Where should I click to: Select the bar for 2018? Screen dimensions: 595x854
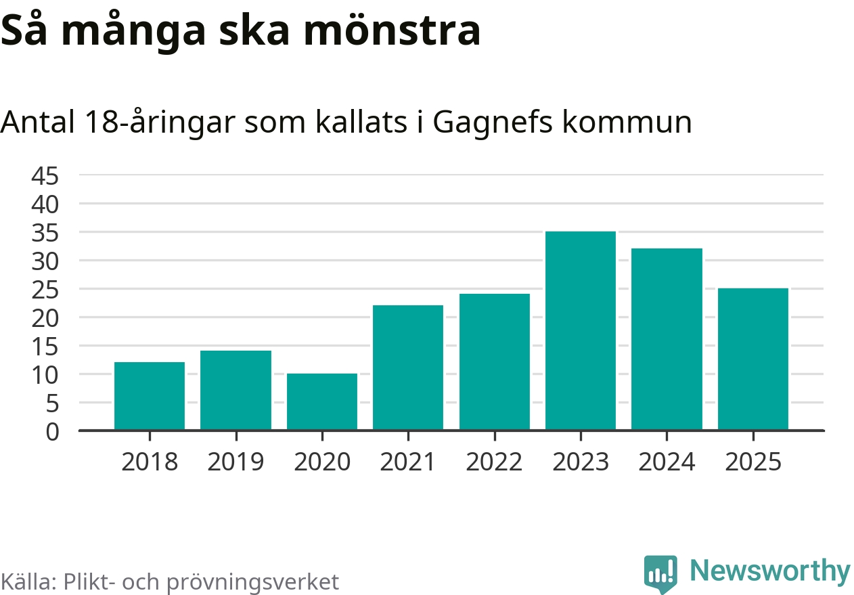pyautogui.click(x=150, y=396)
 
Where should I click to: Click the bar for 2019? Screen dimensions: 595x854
pyautogui.click(x=235, y=391)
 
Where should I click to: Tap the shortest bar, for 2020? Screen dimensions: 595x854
pyautogui.click(x=322, y=402)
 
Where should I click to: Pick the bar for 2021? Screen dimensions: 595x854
pyautogui.click(x=408, y=368)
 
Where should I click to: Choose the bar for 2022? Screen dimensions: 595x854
pyautogui.click(x=495, y=362)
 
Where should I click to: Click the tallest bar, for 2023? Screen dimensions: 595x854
pyautogui.click(x=581, y=331)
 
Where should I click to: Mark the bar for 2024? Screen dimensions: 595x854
pyautogui.click(x=667, y=339)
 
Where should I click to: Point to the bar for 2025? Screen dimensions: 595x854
pyautogui.click(x=753, y=359)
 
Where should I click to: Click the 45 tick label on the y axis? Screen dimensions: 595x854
pyautogui.click(x=45, y=177)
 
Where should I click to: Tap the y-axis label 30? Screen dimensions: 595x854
pyautogui.click(x=45, y=261)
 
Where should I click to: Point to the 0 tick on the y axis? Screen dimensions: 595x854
pyautogui.click(x=53, y=432)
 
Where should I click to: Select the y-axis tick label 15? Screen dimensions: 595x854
pyautogui.click(x=45, y=347)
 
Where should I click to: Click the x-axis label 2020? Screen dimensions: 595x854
pyautogui.click(x=322, y=462)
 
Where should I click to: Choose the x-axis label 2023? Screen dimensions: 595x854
pyautogui.click(x=581, y=462)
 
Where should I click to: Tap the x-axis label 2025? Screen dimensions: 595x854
pyautogui.click(x=753, y=462)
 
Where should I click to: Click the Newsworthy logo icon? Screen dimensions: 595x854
pyautogui.click(x=660, y=573)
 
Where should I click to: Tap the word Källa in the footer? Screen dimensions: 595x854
pyautogui.click(x=28, y=582)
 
